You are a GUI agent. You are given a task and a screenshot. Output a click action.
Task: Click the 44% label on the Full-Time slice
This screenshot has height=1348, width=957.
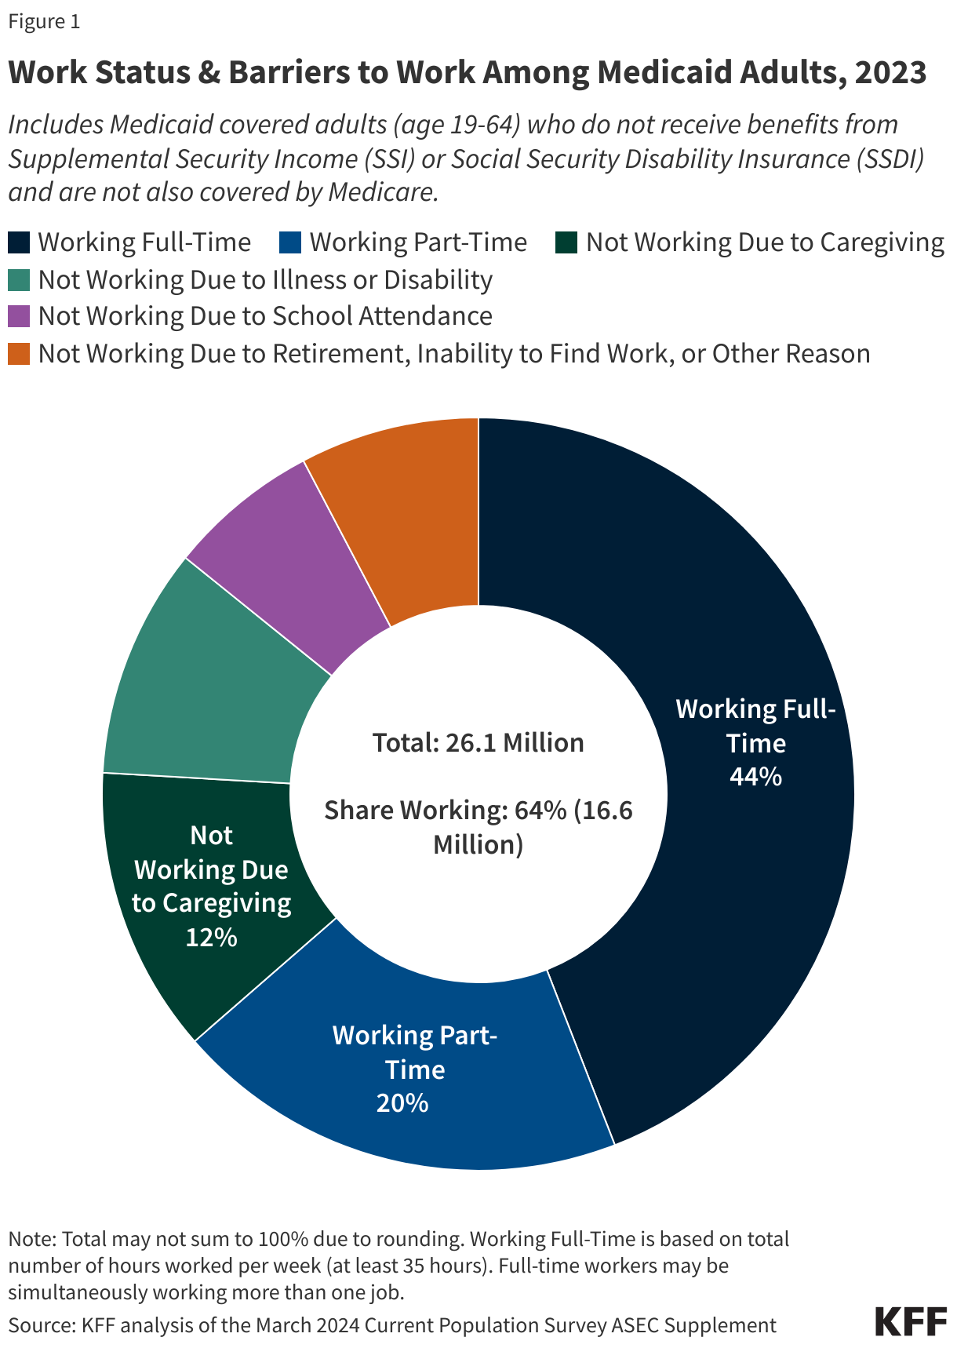[x=755, y=777]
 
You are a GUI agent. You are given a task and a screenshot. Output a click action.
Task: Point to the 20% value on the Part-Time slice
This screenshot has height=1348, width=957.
[x=402, y=1103]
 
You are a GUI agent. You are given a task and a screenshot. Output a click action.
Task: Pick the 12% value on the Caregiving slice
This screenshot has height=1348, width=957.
[x=211, y=937]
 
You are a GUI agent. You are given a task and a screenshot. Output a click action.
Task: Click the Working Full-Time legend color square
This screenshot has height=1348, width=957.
[x=19, y=242]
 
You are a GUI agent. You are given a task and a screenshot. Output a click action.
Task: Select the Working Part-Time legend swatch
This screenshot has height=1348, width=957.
[x=290, y=242]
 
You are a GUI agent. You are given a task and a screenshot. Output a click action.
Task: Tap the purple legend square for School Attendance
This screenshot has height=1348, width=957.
[x=19, y=316]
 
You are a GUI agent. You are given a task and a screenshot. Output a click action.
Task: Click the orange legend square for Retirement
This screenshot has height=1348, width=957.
[x=19, y=354]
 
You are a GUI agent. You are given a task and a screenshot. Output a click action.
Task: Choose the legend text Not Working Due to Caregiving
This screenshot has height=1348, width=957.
[x=765, y=242]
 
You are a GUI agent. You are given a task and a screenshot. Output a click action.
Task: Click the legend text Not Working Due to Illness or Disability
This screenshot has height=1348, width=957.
[x=265, y=279]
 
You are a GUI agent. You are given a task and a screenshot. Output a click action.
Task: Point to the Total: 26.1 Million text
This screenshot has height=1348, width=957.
[x=478, y=742]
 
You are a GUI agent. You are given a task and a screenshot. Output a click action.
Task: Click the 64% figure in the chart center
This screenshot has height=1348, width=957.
[x=540, y=810]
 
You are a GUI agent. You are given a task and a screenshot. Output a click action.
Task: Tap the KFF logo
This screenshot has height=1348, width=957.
[x=910, y=1321]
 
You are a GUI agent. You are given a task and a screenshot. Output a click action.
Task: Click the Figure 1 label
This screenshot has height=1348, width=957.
[x=44, y=21]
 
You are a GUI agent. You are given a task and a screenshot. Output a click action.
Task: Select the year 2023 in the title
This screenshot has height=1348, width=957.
[x=890, y=73]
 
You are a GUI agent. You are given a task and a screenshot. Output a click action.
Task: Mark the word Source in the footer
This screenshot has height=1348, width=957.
[x=39, y=1325]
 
